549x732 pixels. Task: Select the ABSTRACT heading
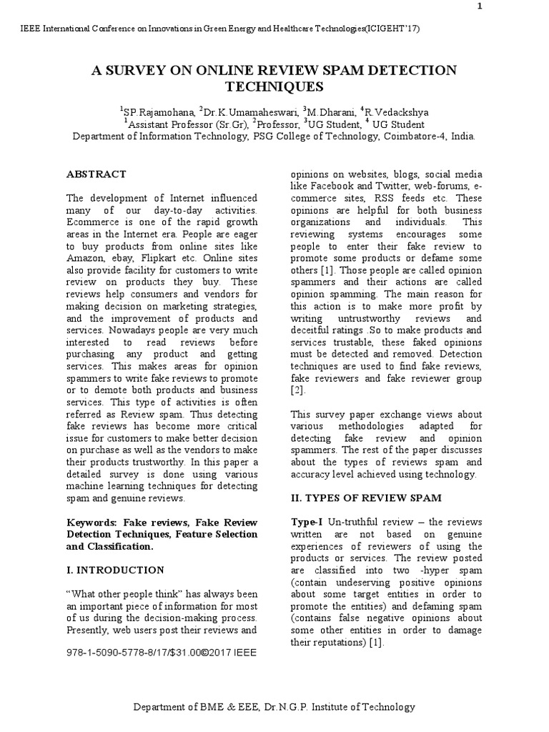click(x=96, y=174)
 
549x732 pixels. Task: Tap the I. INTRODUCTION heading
click(x=115, y=570)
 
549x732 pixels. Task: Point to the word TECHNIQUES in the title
click(x=274, y=87)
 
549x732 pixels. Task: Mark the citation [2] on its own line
click(x=297, y=391)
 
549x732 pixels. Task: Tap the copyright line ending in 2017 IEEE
click(x=161, y=653)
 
